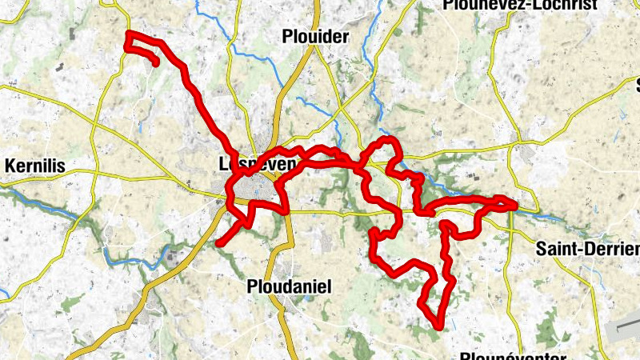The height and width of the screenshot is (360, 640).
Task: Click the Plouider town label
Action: [316, 37]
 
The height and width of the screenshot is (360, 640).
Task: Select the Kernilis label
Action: [34, 166]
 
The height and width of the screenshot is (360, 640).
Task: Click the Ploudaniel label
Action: [289, 286]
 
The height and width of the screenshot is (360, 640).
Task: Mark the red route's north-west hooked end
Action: [155, 62]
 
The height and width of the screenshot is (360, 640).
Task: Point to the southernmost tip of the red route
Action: [439, 325]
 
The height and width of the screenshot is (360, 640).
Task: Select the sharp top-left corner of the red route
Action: [130, 34]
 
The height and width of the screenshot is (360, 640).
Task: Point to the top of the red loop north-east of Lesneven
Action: [390, 141]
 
